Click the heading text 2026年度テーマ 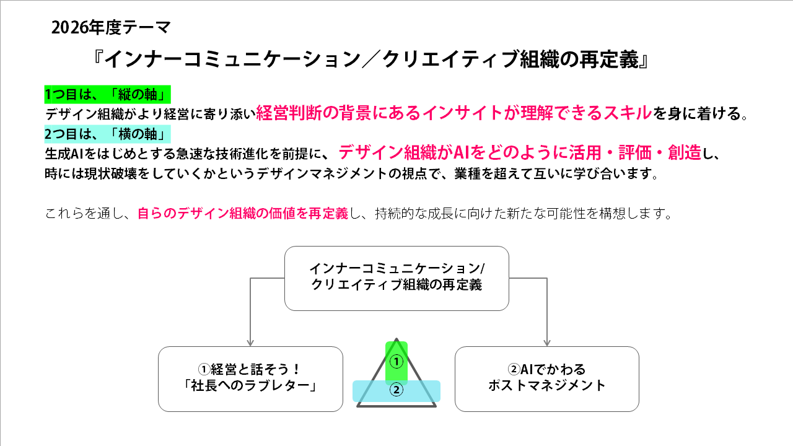click(x=111, y=27)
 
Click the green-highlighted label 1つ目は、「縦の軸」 click(x=107, y=95)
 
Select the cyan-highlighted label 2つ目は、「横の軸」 click(x=107, y=133)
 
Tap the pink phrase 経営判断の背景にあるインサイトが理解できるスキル click(x=454, y=112)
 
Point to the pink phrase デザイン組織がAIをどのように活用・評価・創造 click(x=520, y=152)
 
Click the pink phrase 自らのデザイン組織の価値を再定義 click(x=242, y=214)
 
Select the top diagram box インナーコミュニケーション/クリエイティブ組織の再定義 click(x=396, y=278)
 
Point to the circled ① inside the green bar click(x=396, y=361)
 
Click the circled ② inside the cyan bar click(x=396, y=390)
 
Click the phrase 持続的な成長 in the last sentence click(x=410, y=214)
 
